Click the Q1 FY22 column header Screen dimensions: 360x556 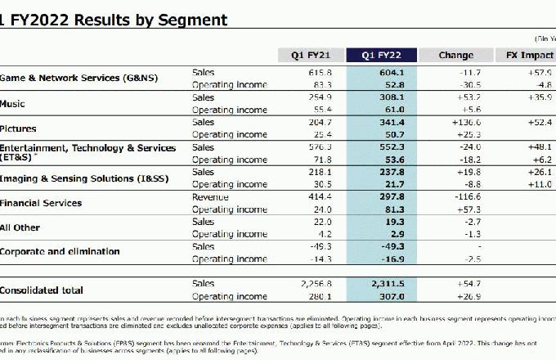pyautogui.click(x=383, y=56)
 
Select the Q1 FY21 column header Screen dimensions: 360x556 pyautogui.click(x=312, y=56)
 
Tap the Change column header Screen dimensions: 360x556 pyautogui.click(x=455, y=56)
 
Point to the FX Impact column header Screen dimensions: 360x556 pyautogui.click(x=527, y=56)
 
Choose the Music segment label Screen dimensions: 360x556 pyautogui.click(x=13, y=104)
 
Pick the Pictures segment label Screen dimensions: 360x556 pyautogui.click(x=18, y=128)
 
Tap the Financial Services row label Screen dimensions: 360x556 pyautogui.click(x=42, y=202)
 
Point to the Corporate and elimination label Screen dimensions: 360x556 pyautogui.click(x=60, y=251)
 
